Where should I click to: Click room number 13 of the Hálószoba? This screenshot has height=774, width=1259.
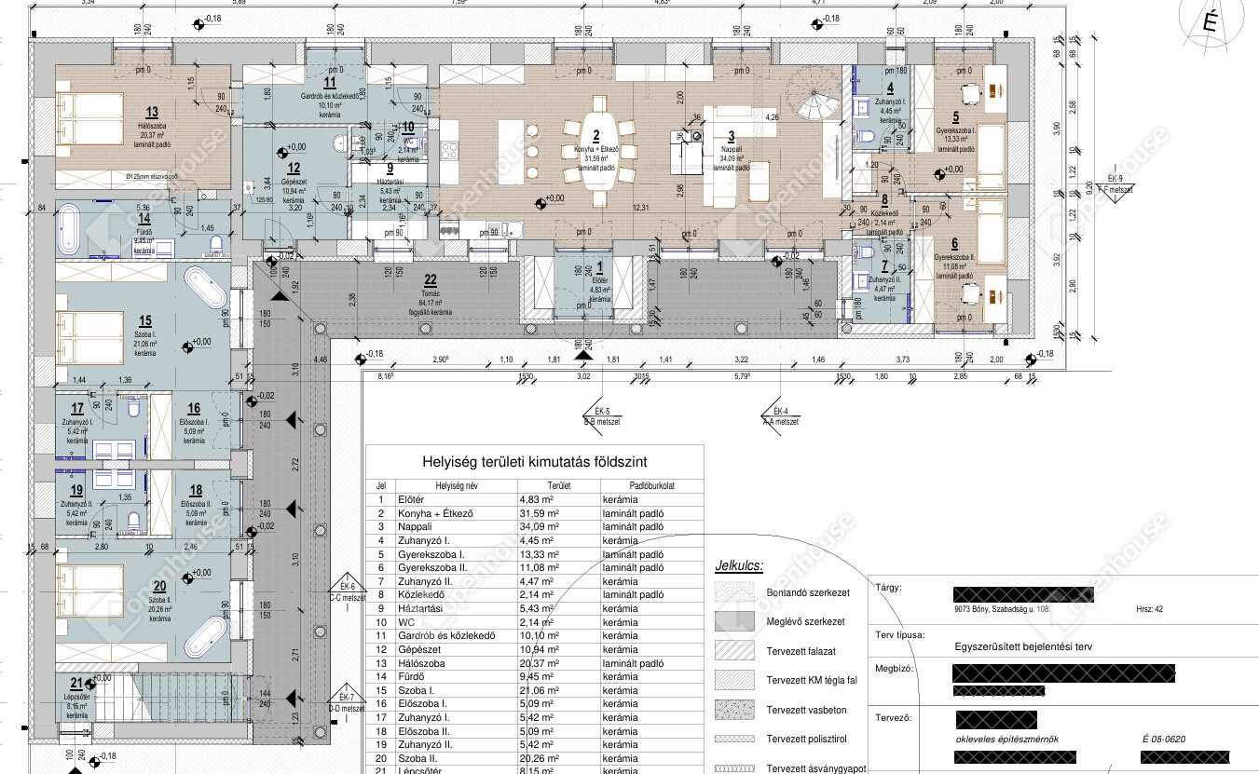pyautogui.click(x=152, y=112)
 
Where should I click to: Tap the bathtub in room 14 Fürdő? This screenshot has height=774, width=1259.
pyautogui.click(x=68, y=231)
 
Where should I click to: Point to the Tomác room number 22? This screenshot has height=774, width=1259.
pyautogui.click(x=430, y=279)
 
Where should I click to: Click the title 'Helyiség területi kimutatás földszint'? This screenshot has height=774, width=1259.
pyautogui.click(x=534, y=462)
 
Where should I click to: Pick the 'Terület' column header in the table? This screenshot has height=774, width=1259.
pyautogui.click(x=559, y=485)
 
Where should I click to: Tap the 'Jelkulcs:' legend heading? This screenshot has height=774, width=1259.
pyautogui.click(x=739, y=565)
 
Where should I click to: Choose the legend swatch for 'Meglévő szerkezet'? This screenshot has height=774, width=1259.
pyautogui.click(x=733, y=621)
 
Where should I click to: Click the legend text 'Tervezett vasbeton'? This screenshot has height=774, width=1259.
pyautogui.click(x=805, y=710)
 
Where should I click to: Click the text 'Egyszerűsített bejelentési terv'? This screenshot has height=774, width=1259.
pyautogui.click(x=1022, y=645)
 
